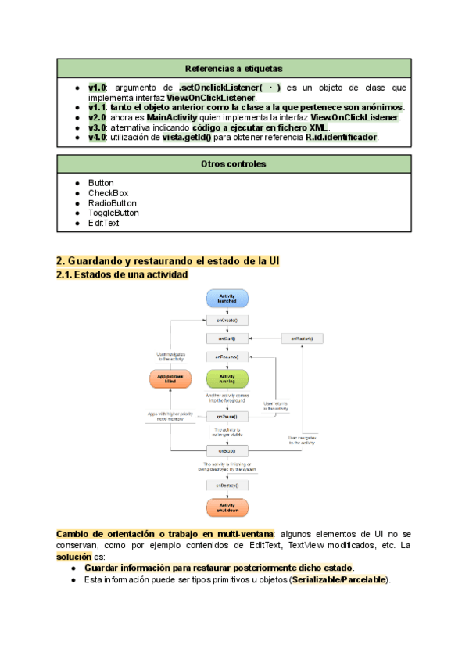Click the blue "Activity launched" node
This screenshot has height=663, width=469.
pos(227,298)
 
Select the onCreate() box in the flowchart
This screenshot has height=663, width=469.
pos(227,320)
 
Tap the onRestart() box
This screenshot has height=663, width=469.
pos(303,339)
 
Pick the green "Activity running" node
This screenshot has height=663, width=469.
pos(227,379)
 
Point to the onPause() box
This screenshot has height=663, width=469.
pos(227,417)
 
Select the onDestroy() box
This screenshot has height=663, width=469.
pos(227,486)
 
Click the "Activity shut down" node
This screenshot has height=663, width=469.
pos(227,508)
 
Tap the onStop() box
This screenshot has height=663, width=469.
pos(227,451)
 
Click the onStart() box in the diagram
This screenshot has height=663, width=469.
pos(227,339)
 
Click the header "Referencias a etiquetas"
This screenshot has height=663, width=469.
pos(234,68)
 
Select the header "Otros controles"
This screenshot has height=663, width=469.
pos(234,164)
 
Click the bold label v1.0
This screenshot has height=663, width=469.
pos(97,88)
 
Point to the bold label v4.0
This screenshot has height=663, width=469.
pos(97,138)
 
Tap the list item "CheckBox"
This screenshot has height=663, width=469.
pos(108,193)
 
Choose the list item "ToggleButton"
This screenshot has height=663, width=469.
pos(113,213)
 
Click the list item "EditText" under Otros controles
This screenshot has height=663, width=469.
pos(104,223)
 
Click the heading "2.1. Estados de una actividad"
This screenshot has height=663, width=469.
pos(122,274)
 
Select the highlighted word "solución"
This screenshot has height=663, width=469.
pos(73,557)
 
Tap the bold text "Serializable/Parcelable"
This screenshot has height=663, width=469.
pos(338,580)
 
